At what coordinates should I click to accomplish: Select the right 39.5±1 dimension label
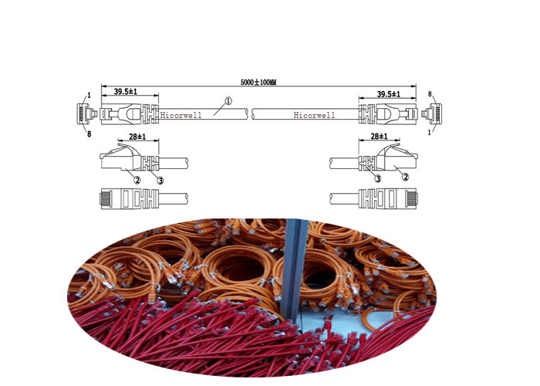(389, 93)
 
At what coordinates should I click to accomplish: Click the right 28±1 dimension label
(380, 136)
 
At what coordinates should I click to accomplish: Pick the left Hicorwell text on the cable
(181, 116)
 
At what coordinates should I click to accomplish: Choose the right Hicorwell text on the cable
(314, 116)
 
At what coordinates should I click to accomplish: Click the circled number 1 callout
(228, 101)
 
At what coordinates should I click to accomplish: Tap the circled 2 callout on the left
(137, 179)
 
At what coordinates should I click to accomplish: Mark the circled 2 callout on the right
(406, 177)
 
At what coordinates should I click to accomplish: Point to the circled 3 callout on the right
(378, 178)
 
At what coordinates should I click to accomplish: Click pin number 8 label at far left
(89, 134)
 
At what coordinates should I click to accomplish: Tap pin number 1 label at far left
(89, 96)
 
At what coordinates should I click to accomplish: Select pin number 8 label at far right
(430, 93)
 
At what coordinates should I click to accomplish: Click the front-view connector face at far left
(83, 113)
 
